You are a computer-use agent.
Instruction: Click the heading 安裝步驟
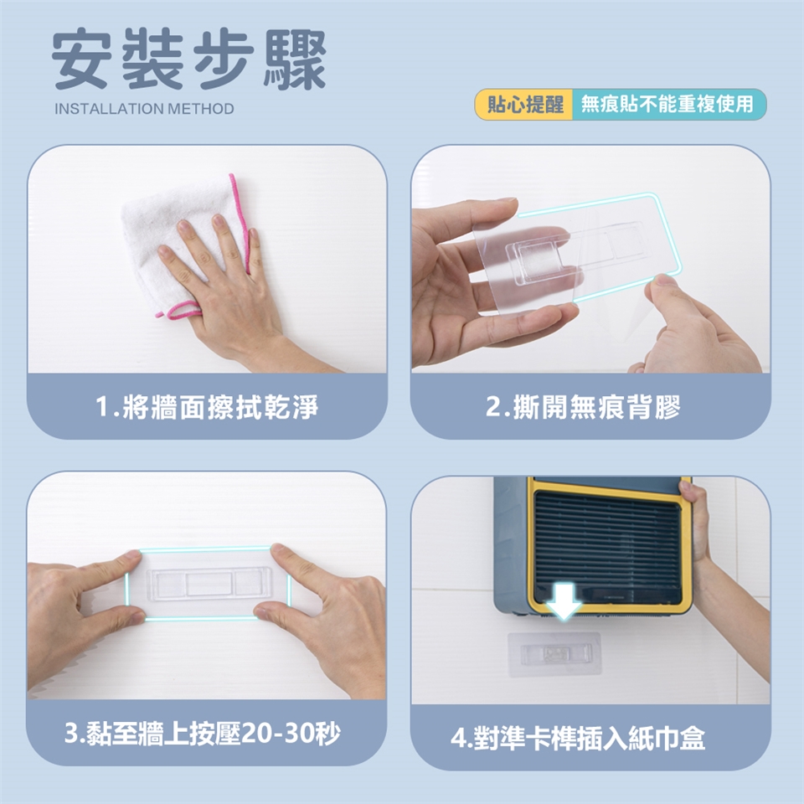[x=188, y=59]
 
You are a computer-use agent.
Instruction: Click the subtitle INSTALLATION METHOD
[x=144, y=109]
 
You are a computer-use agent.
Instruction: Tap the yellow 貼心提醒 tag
[x=525, y=105]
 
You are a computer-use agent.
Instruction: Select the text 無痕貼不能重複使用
[x=667, y=105]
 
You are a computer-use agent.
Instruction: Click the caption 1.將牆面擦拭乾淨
[x=207, y=407]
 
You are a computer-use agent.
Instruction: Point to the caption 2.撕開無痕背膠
[x=583, y=407]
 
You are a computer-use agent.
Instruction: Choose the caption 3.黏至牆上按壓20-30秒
[x=203, y=734]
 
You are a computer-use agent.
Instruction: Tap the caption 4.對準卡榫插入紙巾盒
[x=578, y=739]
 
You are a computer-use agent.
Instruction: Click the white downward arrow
[x=563, y=600]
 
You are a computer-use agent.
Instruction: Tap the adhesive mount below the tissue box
[x=554, y=654]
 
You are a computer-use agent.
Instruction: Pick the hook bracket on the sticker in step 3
[x=209, y=584]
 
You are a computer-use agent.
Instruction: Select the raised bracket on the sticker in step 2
[x=544, y=261]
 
